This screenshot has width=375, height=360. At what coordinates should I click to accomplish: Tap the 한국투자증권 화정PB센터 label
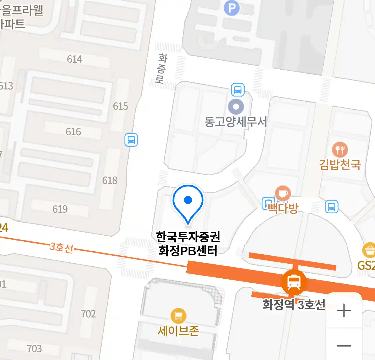[x=188, y=244]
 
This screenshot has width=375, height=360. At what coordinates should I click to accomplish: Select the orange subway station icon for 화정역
[x=293, y=282]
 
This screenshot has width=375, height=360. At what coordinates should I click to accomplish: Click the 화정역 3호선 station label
[x=293, y=305]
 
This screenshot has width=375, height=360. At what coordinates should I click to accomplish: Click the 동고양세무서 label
[x=236, y=122]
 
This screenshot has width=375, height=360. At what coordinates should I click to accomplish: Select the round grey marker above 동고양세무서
[x=236, y=107]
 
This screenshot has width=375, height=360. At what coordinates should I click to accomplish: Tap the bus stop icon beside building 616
[x=131, y=140]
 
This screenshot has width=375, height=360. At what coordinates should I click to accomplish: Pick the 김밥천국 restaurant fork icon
[x=340, y=150]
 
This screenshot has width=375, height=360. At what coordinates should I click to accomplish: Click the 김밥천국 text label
[x=340, y=164]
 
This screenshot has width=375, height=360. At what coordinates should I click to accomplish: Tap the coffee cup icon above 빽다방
[x=283, y=194]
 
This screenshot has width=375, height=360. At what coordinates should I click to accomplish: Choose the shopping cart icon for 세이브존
[x=178, y=316]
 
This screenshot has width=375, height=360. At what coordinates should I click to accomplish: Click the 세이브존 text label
[x=178, y=331]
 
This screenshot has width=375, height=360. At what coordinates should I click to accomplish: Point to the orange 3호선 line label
[x=61, y=247]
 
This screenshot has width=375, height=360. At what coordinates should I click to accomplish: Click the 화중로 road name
[x=162, y=69]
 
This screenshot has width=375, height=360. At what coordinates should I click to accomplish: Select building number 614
[x=74, y=59]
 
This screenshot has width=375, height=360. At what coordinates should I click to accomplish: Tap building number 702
[x=88, y=314]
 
